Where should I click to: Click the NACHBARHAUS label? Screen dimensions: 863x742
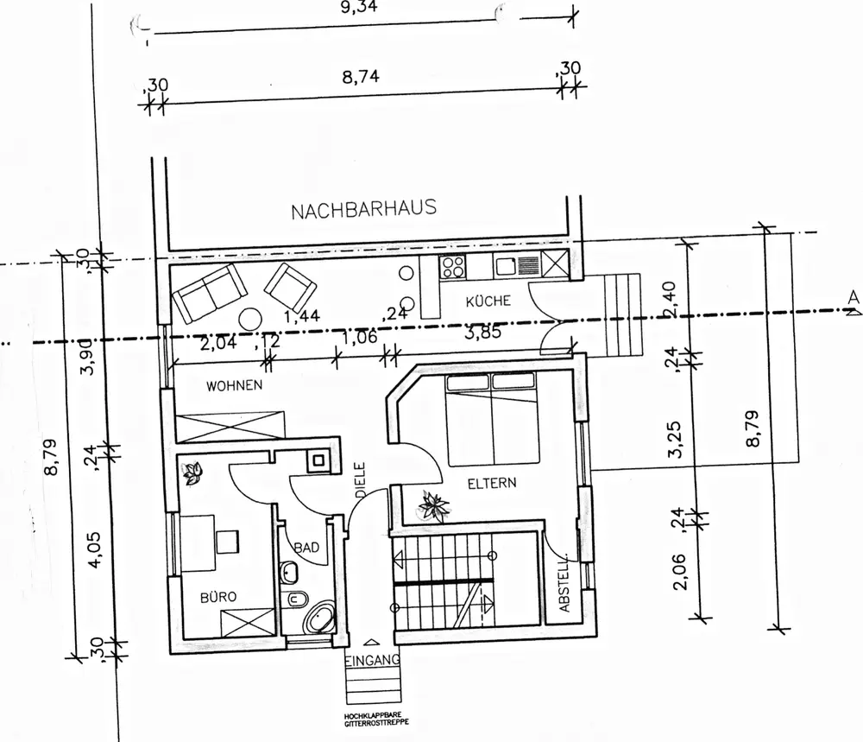click(x=363, y=209)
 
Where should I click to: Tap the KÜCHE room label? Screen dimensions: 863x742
click(x=488, y=301)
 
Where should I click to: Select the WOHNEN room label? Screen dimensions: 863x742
click(x=234, y=385)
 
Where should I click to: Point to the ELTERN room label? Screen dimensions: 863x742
click(x=492, y=483)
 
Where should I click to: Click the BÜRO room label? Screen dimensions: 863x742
click(x=218, y=595)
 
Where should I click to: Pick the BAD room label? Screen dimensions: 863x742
click(x=306, y=548)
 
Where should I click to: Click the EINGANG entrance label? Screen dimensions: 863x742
click(x=373, y=661)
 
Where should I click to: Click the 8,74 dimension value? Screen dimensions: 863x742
click(x=361, y=77)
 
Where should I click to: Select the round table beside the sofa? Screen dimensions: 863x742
click(x=251, y=318)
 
